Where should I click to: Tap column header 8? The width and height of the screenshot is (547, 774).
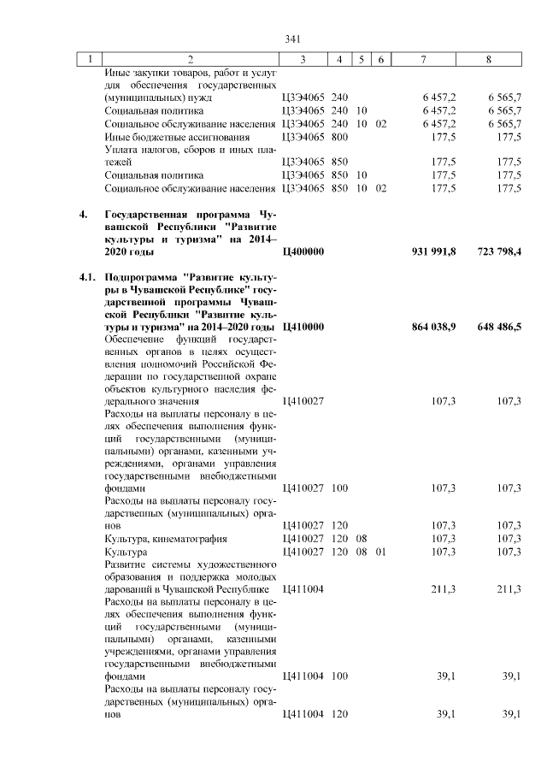[x=488, y=59]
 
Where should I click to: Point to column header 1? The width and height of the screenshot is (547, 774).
[x=87, y=59]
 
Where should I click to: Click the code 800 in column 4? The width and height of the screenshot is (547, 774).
[x=339, y=137]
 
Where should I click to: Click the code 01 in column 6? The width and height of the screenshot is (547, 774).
[x=381, y=552]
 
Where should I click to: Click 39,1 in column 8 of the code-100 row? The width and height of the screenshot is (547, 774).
[x=510, y=677]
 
